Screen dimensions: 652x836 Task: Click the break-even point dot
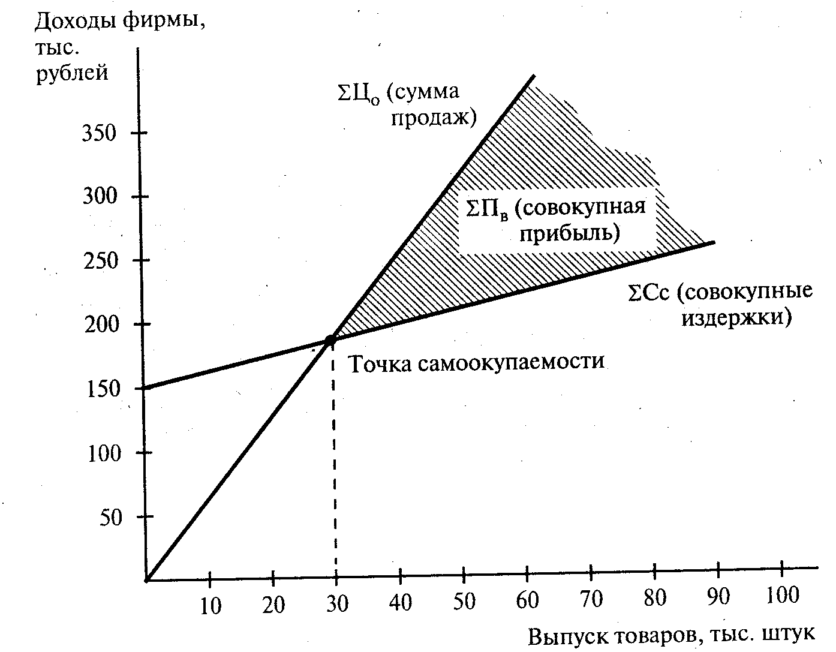tap(330, 340)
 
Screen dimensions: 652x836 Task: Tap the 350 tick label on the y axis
tap(98, 133)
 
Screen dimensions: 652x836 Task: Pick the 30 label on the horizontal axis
tap(336, 603)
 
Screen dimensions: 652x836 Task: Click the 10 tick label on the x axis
tap(210, 606)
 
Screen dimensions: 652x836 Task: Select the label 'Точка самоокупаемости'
tap(476, 363)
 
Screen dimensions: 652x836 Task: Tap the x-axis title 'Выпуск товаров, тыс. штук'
tap(671, 636)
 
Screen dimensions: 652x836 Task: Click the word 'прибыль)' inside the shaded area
tap(569, 233)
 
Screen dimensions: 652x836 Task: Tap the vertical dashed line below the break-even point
tap(335, 468)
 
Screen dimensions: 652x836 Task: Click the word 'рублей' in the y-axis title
tap(73, 73)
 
